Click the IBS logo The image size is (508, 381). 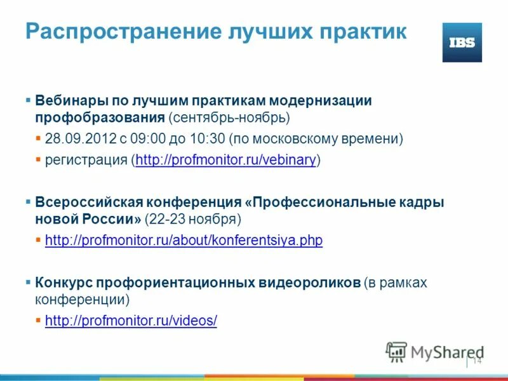(462, 43)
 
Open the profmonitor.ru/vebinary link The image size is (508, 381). (225, 160)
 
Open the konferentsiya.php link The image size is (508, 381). (184, 241)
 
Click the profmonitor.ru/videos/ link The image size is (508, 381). (131, 321)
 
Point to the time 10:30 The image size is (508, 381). (210, 138)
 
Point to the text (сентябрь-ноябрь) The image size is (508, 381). (229, 118)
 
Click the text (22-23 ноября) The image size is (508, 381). (193, 220)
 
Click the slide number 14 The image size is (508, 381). (477, 361)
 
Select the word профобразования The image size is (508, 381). (100, 118)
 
